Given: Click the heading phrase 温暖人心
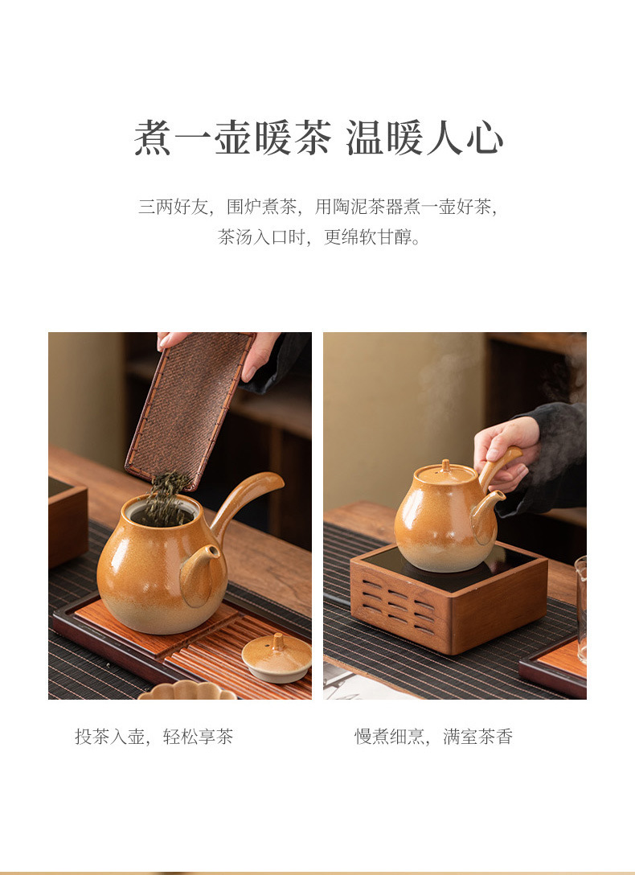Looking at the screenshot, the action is (424, 138).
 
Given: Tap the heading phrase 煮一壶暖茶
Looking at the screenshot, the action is (232, 138).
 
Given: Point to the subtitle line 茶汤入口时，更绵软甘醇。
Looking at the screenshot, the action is (319, 237).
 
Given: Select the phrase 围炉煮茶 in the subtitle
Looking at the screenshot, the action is (261, 207).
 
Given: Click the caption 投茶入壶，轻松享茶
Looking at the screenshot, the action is (154, 737).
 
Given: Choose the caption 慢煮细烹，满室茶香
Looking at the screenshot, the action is (434, 737).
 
